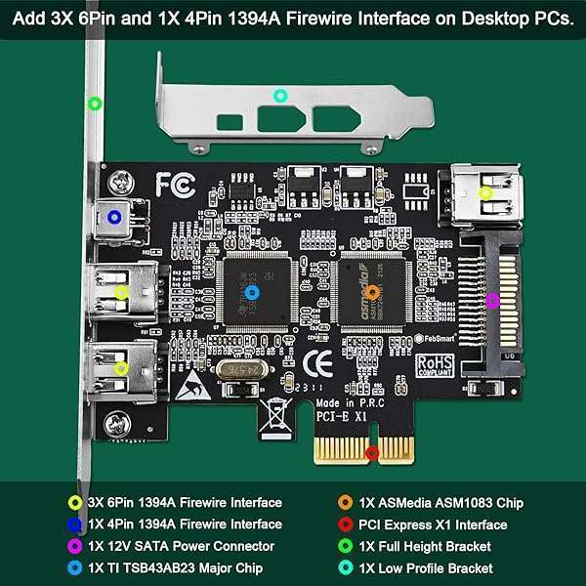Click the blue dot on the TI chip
pos(252,291)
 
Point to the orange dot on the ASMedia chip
pos(372,291)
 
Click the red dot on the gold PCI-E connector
pos(371,453)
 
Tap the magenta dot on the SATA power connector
pos(492,300)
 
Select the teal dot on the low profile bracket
pos(280,95)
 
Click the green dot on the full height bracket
pos(95,103)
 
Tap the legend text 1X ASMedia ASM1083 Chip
pos(441,503)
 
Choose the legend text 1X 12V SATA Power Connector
pos(181,546)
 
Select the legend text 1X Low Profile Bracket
pos(426,567)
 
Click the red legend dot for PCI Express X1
pos(345,524)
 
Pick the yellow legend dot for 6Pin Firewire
pos(75,503)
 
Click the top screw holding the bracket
pos(121,181)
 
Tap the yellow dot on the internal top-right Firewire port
pos(485,193)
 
